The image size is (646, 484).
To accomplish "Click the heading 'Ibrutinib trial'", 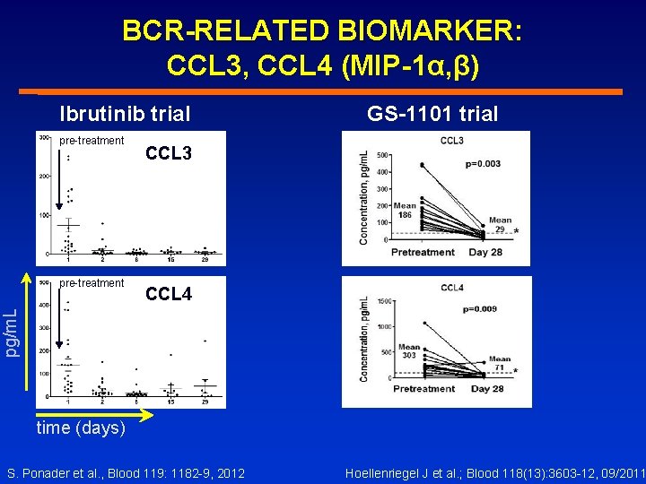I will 125,114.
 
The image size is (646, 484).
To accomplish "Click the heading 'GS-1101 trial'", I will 433,113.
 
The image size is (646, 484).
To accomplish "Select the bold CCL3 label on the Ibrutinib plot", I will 168,154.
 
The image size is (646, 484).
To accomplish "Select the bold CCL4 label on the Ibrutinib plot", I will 168,294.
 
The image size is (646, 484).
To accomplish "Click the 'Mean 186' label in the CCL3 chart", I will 405,211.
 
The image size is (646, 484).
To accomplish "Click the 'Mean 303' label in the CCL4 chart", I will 409,351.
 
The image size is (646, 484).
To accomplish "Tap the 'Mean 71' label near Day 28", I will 500,363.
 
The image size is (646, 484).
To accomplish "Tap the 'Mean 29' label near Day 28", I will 500,225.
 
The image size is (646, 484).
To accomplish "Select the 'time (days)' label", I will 81,428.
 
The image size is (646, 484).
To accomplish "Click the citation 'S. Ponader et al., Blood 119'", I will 126,472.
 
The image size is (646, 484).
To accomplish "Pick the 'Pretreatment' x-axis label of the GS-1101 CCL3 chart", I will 423,252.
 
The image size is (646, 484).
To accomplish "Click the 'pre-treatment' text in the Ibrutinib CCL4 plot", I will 92,283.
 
